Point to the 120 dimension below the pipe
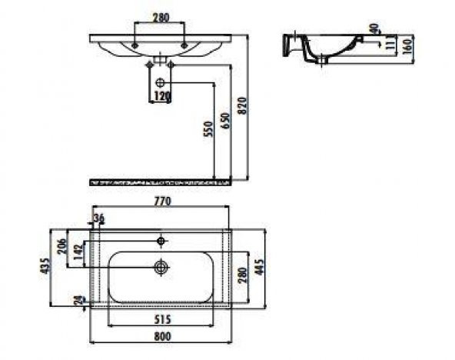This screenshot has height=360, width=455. tap(161, 96)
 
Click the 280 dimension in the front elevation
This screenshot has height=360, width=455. tap(160, 16)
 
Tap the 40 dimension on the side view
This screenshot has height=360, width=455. tap(374, 28)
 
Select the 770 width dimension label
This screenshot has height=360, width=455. tap(161, 201)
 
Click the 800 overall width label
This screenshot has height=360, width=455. tap(161, 335)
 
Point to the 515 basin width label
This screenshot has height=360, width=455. tap(160, 318)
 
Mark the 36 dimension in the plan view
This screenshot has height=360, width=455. tap(98, 219)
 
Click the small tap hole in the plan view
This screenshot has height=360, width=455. tap(161, 241)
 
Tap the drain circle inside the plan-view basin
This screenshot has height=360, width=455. tap(161, 268)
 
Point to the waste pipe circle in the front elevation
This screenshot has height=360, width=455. tap(161, 82)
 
